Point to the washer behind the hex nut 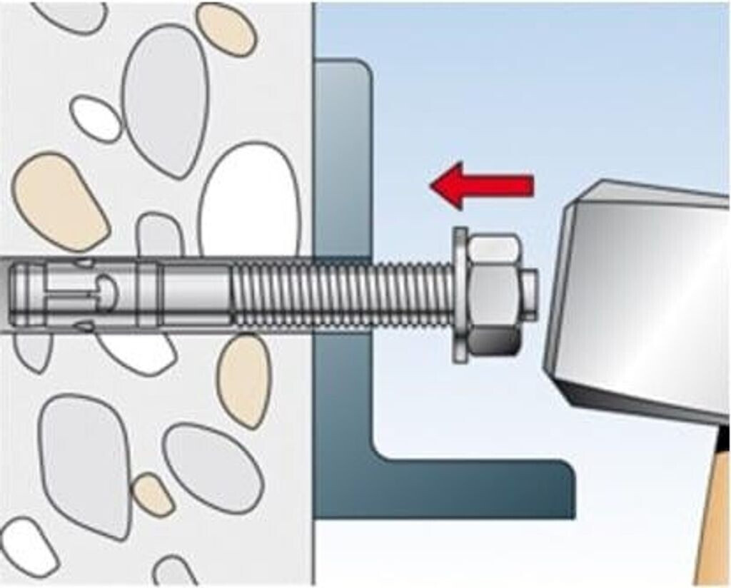[x=460, y=295]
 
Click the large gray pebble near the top [x=165, y=100]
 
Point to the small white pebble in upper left [x=96, y=118]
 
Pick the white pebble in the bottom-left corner [x=29, y=546]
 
